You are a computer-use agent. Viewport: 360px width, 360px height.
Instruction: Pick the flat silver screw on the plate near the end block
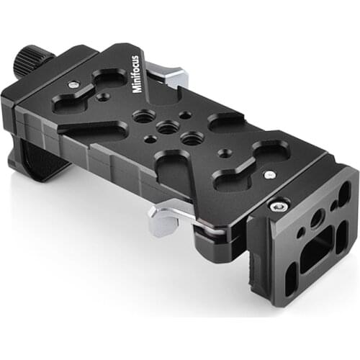pyautogui.click(x=269, y=174)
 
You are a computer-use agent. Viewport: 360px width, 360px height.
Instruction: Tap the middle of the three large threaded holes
pyautogui.click(x=168, y=127)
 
